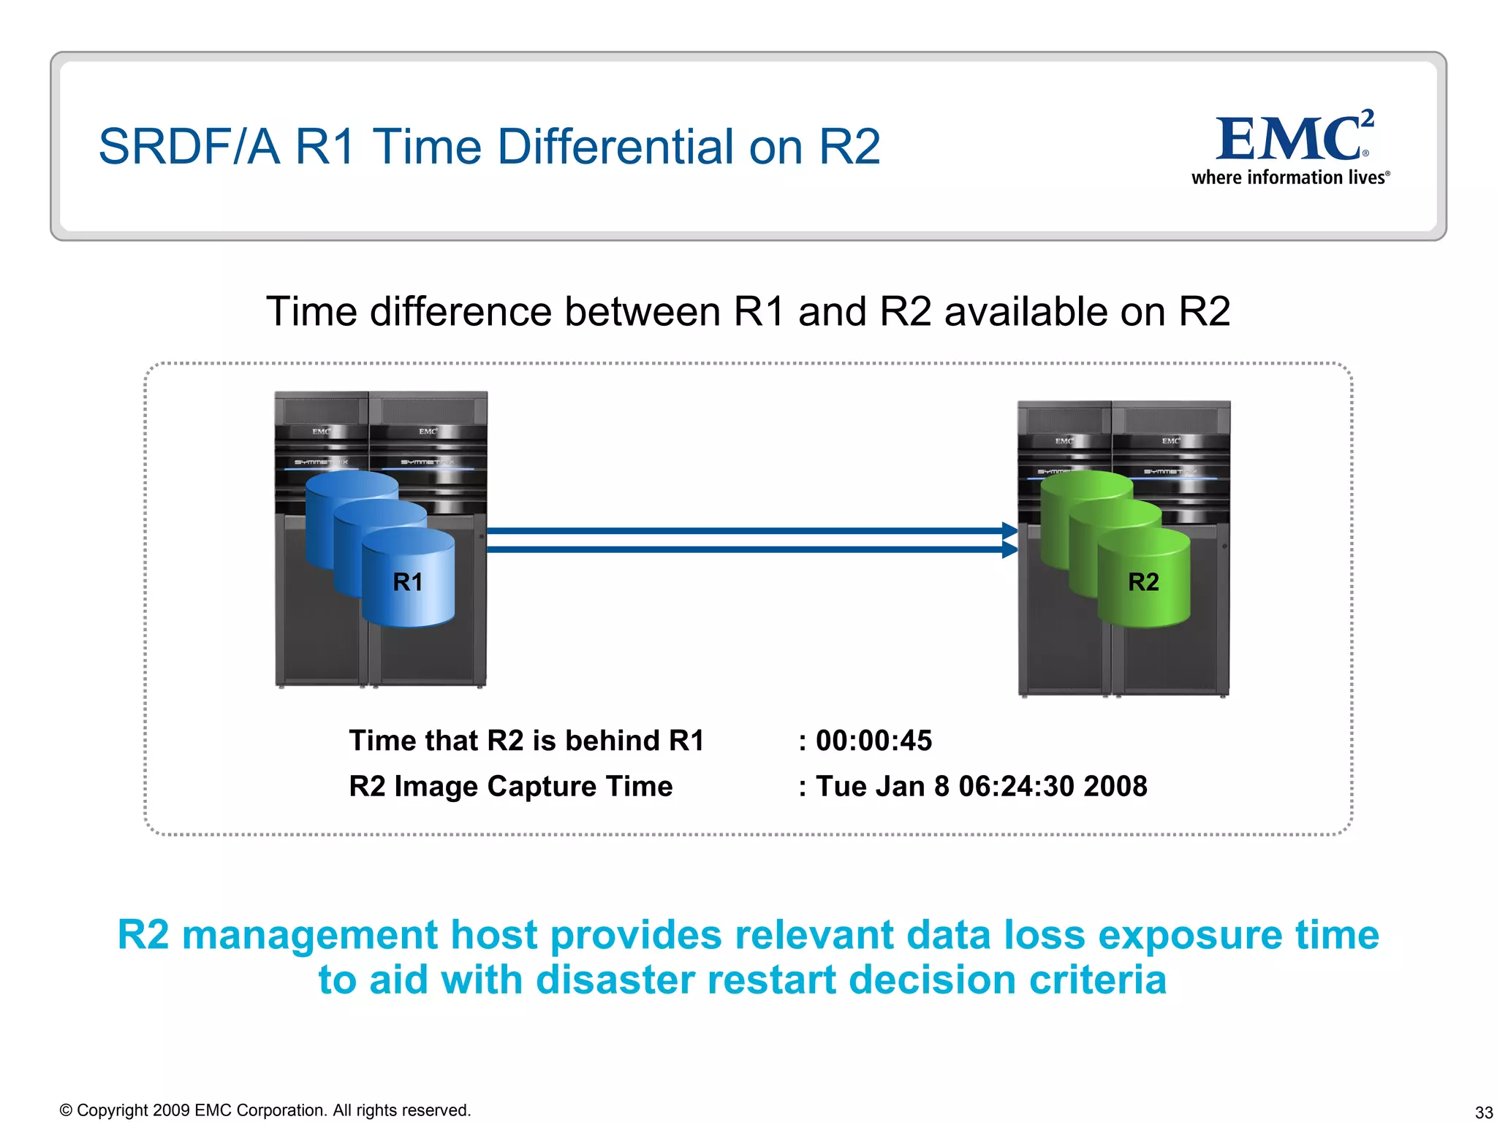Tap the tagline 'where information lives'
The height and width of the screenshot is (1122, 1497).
(1289, 178)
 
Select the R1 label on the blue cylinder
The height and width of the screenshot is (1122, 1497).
(407, 582)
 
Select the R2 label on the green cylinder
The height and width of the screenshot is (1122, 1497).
(1143, 582)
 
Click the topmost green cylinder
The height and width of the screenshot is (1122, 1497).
(1085, 486)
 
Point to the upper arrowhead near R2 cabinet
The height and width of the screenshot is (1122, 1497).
(1009, 531)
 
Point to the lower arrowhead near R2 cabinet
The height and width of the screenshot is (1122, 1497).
(1009, 549)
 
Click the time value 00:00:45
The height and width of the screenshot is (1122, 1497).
(873, 741)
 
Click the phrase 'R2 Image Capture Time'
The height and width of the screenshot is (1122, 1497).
(510, 787)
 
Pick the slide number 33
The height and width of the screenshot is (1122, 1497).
(1483, 1113)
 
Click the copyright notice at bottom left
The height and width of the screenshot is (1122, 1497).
(265, 1110)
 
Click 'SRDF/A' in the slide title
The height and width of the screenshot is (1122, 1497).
(189, 147)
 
